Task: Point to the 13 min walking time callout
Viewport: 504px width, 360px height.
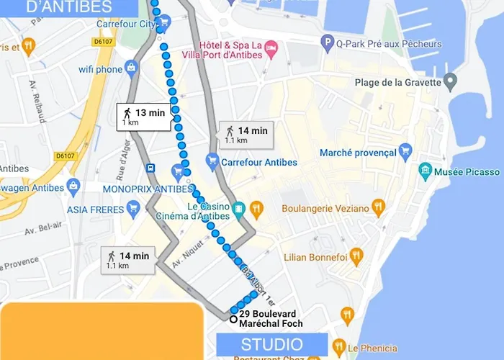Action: pos(144,117)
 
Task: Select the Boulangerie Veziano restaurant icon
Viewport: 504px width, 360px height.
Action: pos(379,208)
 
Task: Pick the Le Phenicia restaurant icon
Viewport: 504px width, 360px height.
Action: pos(339,347)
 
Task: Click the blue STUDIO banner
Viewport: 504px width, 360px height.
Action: pos(272,343)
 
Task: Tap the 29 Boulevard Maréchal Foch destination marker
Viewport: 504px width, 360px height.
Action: pos(233,319)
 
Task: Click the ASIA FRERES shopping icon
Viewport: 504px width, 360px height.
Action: pos(132,210)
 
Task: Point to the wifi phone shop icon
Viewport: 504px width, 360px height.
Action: pos(130,69)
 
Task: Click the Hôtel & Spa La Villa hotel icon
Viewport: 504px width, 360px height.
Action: pos(271,48)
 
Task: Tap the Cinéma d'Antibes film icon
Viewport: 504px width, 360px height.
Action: pos(238,212)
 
